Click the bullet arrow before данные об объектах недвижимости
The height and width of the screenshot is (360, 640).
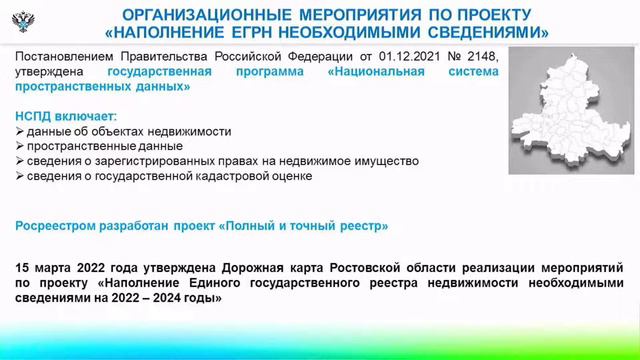[21, 131]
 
